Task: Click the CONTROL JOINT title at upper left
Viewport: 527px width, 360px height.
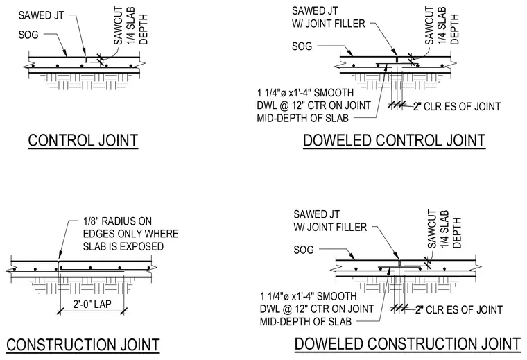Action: pyautogui.click(x=83, y=141)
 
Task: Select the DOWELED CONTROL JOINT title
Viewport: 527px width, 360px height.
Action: pyautogui.click(x=395, y=141)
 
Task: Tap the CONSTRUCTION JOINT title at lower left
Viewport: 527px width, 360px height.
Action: pyautogui.click(x=83, y=345)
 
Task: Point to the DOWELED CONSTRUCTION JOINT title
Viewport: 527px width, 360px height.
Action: pyautogui.click(x=408, y=344)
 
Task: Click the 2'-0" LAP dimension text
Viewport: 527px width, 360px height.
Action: pyautogui.click(x=92, y=305)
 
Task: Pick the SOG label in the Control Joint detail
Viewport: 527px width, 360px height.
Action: pyautogui.click(x=28, y=35)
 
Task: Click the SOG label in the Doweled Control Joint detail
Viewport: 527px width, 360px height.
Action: pyautogui.click(x=302, y=46)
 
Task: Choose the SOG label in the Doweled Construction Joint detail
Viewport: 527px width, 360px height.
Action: pyautogui.click(x=304, y=250)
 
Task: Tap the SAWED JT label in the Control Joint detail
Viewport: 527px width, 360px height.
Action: pyautogui.click(x=41, y=15)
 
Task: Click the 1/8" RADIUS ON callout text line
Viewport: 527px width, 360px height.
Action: pyautogui.click(x=117, y=221)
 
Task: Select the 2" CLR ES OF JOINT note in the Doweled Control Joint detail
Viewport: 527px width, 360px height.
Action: pyautogui.click(x=457, y=107)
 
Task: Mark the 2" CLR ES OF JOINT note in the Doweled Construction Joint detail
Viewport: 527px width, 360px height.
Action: pyautogui.click(x=459, y=309)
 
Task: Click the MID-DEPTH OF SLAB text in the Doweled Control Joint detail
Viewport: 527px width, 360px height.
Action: pyautogui.click(x=303, y=119)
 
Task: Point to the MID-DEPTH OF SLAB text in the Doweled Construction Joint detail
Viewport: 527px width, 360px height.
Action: pyautogui.click(x=306, y=322)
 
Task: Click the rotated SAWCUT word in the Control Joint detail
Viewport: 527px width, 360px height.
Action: pyautogui.click(x=119, y=26)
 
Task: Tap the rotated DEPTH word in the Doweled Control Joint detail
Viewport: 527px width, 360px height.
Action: pyautogui.click(x=454, y=29)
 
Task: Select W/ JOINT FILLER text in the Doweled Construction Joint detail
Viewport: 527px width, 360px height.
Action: pyautogui.click(x=330, y=227)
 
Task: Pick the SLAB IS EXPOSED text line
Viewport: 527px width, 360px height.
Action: pyautogui.click(x=123, y=246)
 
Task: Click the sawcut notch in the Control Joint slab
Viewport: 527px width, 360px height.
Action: pyautogui.click(x=86, y=60)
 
